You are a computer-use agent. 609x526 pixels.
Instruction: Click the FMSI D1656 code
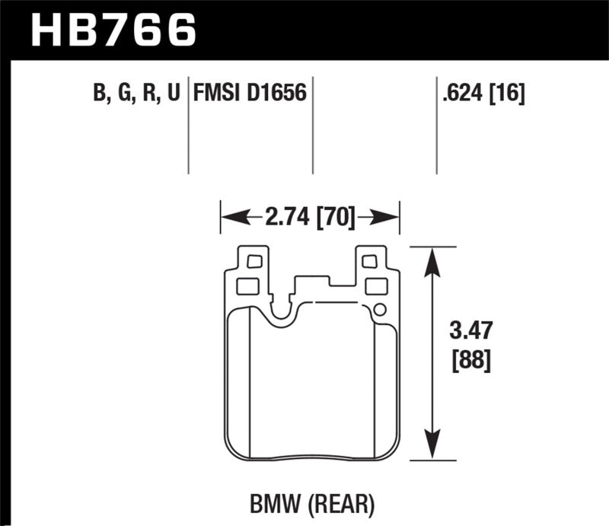pos(250,94)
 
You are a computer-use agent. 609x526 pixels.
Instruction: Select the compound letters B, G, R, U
pos(136,94)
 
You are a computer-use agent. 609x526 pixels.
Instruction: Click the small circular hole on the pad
pos(379,309)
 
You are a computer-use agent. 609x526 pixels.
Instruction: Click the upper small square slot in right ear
pos(370,262)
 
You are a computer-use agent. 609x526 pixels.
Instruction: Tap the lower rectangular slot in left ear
pos(248,286)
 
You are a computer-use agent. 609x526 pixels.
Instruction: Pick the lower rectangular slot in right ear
pos(376,286)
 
